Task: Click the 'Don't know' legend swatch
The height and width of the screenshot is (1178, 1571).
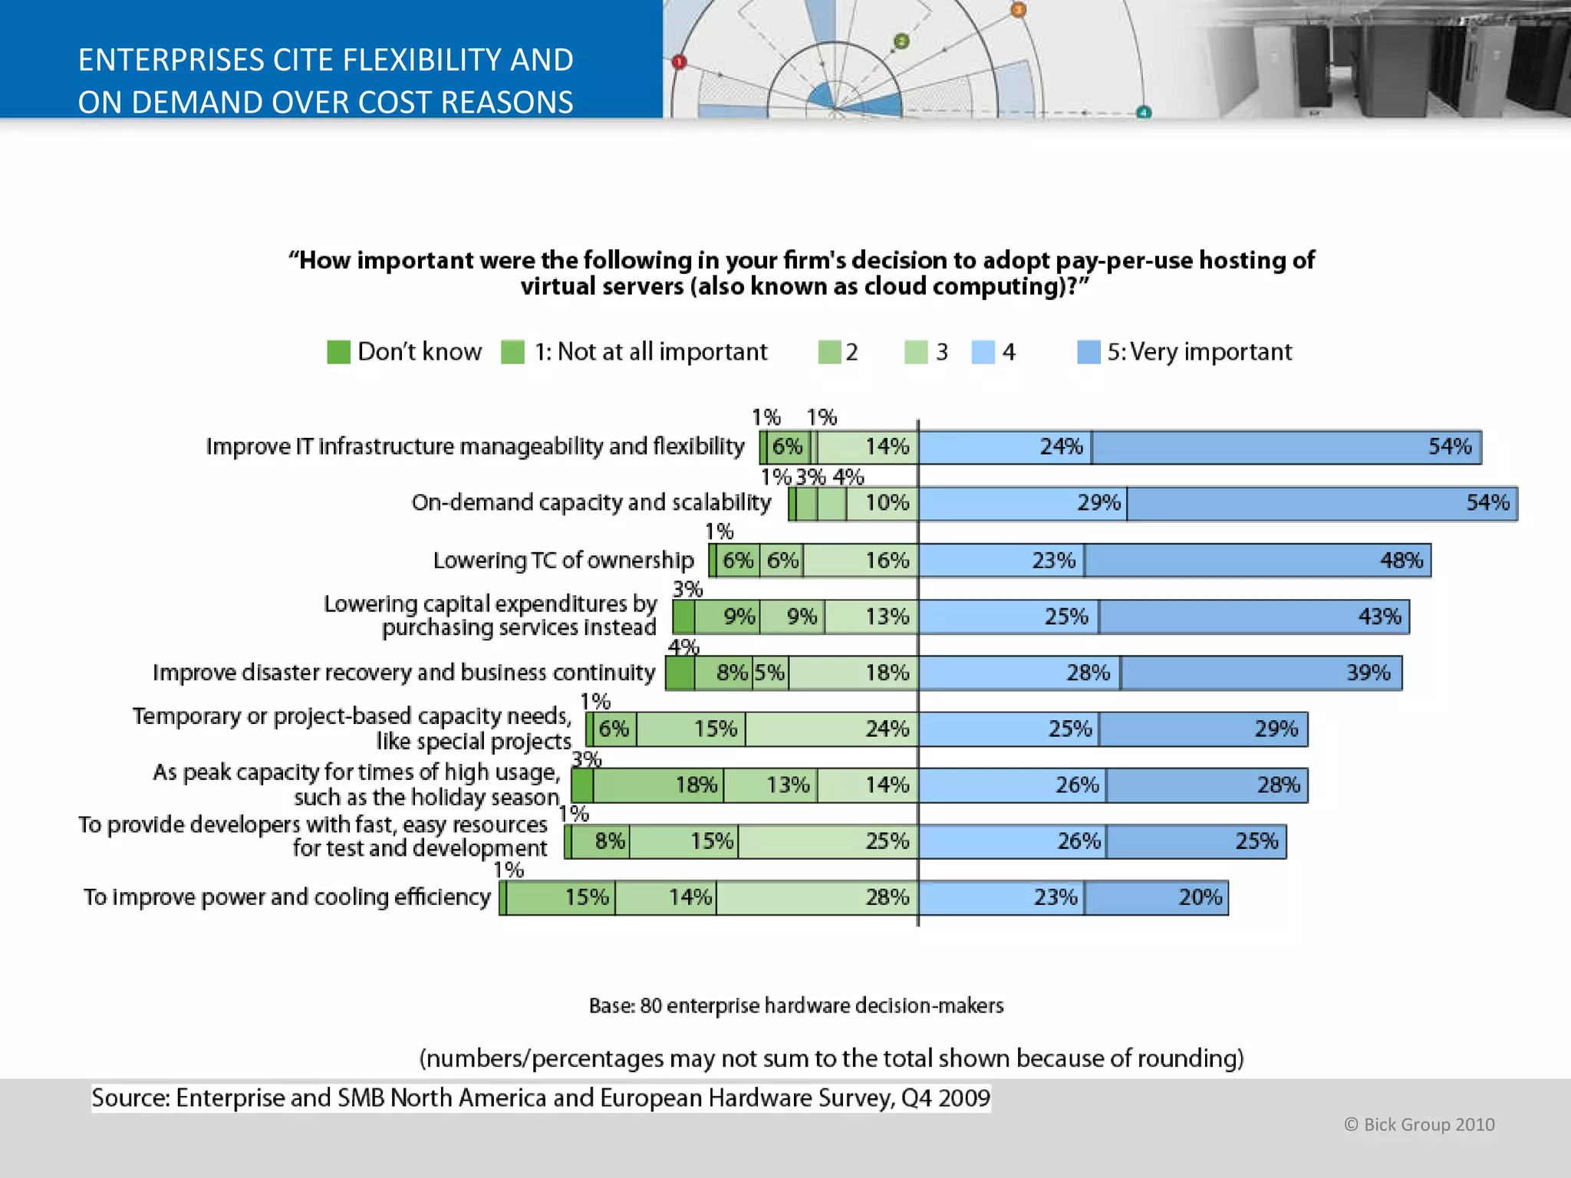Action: (x=338, y=352)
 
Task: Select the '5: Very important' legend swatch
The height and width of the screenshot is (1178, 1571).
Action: (x=1089, y=352)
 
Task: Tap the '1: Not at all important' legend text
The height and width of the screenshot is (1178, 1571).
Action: (x=650, y=352)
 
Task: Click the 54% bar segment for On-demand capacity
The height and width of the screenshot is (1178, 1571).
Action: (x=1322, y=503)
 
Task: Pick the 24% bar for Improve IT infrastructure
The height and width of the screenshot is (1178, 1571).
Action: (x=1005, y=447)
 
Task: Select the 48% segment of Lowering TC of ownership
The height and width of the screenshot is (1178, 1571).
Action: (x=1257, y=561)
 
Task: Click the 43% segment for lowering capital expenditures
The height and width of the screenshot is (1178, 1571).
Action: (x=1253, y=617)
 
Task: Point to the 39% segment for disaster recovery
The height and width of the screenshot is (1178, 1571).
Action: (x=1260, y=673)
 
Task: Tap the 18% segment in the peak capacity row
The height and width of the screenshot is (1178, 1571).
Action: (x=657, y=785)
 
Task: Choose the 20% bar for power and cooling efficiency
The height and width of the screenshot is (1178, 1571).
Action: (x=1156, y=898)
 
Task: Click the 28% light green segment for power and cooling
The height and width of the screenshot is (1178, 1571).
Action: (x=816, y=898)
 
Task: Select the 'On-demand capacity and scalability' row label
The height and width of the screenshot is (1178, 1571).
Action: (x=591, y=502)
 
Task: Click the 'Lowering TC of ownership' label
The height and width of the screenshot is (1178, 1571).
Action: (x=563, y=561)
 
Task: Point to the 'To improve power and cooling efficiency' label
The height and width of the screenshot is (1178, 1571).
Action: (x=287, y=897)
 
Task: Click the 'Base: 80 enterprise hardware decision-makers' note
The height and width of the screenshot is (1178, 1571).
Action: (x=795, y=1005)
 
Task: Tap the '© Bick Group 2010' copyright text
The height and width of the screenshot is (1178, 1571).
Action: (x=1418, y=1124)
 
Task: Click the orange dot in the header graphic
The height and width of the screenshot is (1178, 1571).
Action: (x=1017, y=9)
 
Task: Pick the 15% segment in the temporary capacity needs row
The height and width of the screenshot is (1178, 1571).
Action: (x=690, y=729)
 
